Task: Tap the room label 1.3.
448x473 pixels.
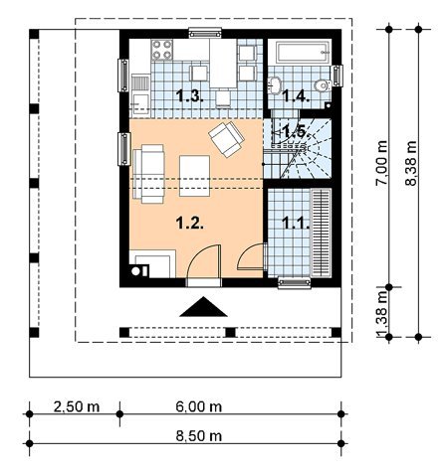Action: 189,96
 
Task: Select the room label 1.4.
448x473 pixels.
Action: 296,96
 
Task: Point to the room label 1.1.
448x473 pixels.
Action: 296,223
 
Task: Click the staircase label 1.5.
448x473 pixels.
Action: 296,132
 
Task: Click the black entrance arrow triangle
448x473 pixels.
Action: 203,307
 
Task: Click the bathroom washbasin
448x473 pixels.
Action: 275,85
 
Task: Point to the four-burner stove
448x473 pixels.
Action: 162,50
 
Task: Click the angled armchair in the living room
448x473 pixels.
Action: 226,139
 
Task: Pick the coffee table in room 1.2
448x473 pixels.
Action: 194,176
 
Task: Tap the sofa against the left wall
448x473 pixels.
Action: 148,174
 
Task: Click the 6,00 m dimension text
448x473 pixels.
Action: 199,406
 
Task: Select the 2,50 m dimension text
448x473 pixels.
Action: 77,406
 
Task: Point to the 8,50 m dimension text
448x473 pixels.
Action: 199,436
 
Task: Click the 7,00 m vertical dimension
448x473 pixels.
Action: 382,163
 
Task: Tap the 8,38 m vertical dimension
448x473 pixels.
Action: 411,163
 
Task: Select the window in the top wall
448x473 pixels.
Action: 205,33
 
